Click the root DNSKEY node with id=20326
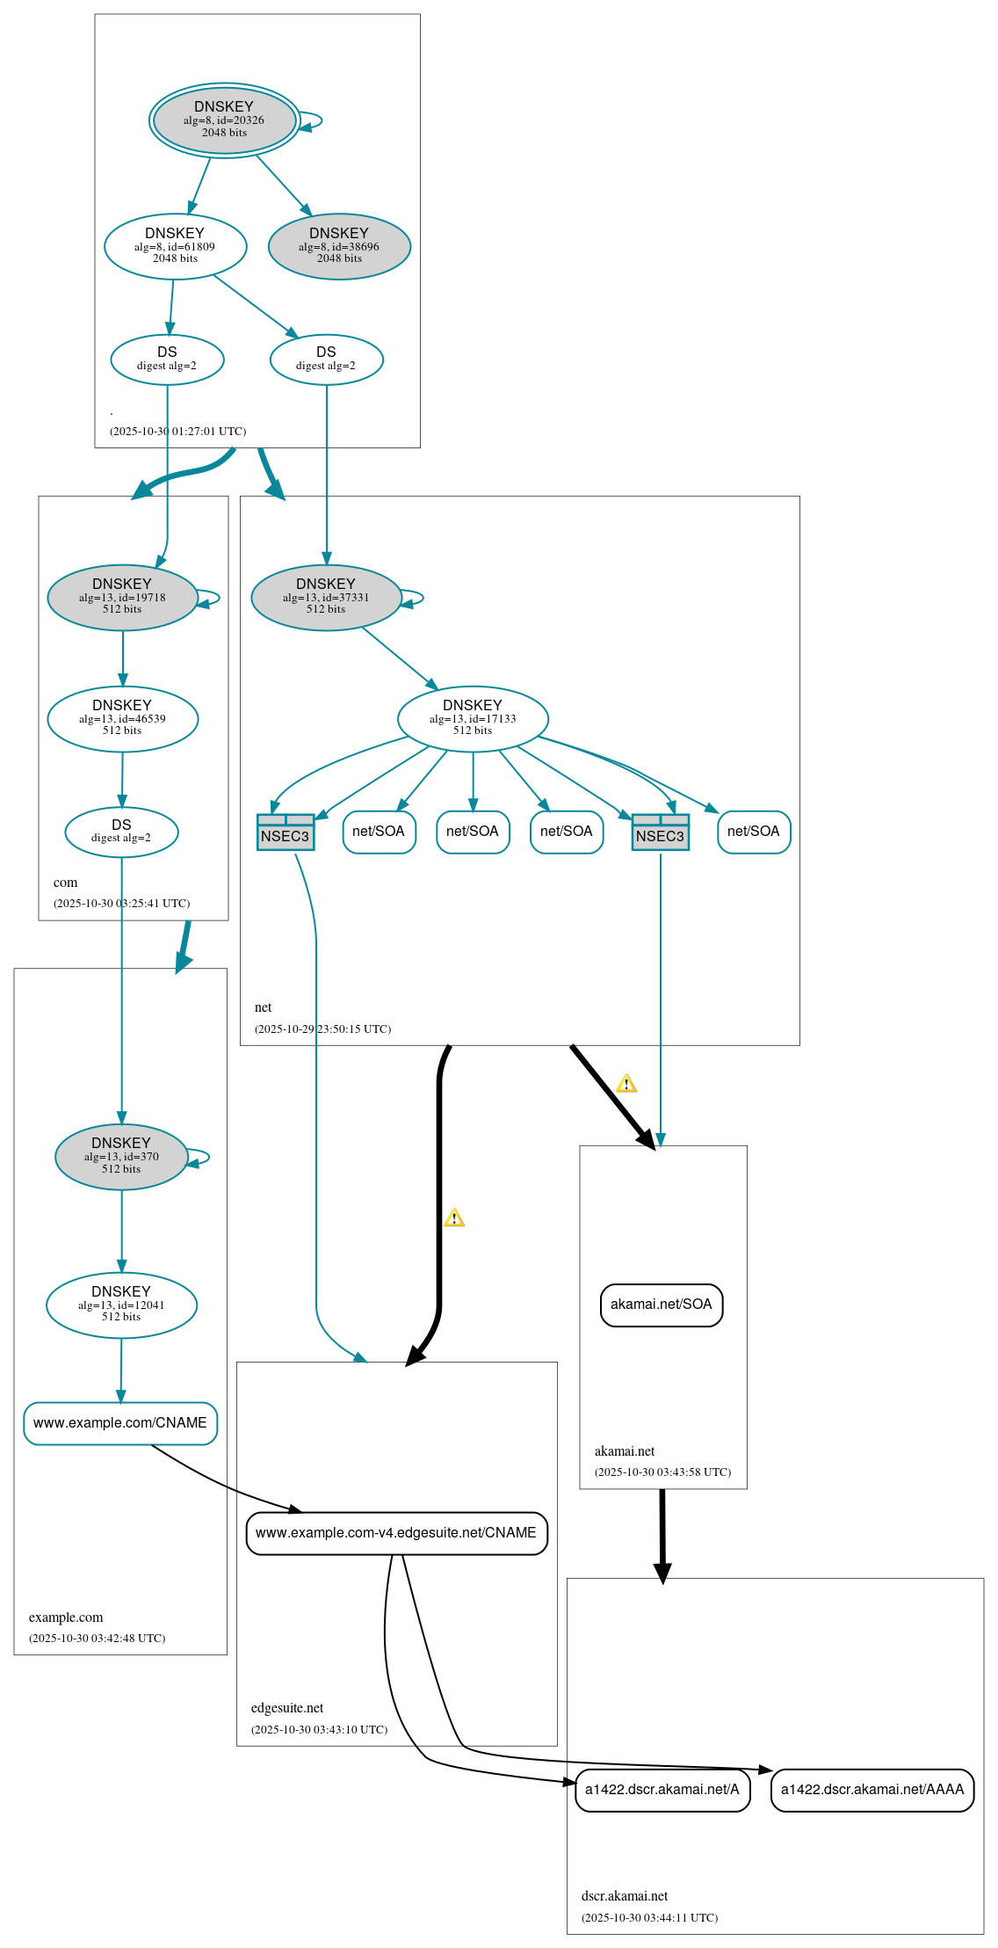coord(224,120)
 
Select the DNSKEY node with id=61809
coord(175,246)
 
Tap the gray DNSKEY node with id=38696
coord(339,246)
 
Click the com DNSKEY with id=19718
coord(122,597)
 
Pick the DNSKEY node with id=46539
coord(122,718)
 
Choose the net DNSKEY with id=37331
coord(326,597)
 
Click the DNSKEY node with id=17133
coord(473,718)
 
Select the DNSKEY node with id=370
coord(121,1156)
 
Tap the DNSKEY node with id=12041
coord(121,1305)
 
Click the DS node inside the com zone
coord(121,831)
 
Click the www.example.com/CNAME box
coord(120,1422)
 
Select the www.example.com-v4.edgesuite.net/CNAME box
coord(396,1533)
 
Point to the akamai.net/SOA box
coord(662,1305)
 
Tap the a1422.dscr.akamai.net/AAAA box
coord(872,1790)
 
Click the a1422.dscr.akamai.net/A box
coord(662,1790)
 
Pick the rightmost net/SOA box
coord(754,832)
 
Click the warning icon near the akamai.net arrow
coord(626,1083)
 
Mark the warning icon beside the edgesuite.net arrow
coord(454,1217)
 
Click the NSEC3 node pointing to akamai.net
coord(660,832)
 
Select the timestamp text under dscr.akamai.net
coord(649,1917)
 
